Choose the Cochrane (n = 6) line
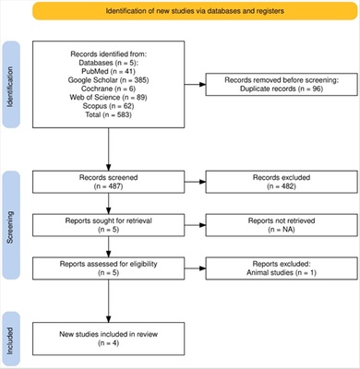coord(109,89)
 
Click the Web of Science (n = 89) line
coord(109,98)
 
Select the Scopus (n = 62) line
coord(109,107)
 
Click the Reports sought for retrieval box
coord(109,222)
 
